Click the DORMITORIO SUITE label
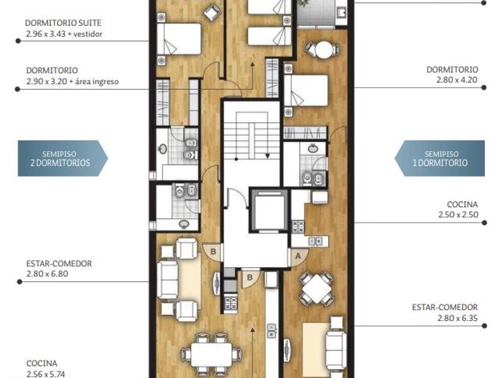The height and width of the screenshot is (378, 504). (x=63, y=23)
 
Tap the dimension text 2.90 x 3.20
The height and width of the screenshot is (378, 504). (x=47, y=82)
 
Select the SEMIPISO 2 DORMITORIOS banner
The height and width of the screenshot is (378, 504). (x=62, y=158)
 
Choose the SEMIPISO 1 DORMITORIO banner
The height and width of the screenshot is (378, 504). (x=440, y=158)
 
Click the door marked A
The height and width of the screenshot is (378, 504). (x=298, y=256)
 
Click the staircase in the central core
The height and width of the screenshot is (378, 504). (x=252, y=136)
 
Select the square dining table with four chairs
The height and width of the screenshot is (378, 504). (x=317, y=289)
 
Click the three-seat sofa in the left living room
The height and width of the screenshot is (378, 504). (x=167, y=280)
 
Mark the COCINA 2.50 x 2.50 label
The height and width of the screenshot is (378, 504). (x=458, y=209)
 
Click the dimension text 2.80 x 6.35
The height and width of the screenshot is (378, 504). (x=457, y=318)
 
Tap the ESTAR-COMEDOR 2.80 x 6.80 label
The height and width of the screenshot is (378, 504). (x=59, y=268)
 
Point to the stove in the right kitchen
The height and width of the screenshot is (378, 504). (x=298, y=226)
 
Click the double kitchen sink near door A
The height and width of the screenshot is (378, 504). (x=316, y=241)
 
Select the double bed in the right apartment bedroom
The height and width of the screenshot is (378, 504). (x=306, y=91)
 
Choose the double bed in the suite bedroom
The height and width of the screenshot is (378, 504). (x=179, y=39)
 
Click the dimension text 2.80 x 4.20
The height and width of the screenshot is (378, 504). (x=457, y=80)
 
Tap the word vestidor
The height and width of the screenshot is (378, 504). (x=88, y=34)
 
